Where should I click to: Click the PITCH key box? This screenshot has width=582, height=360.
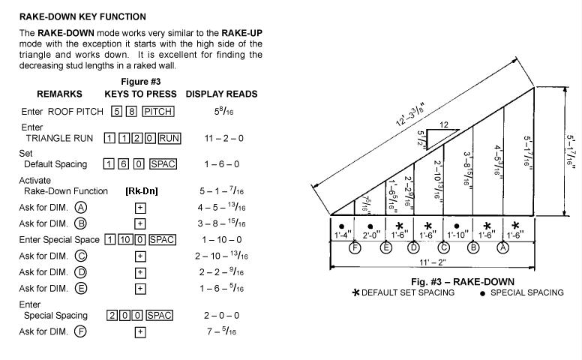(x=158, y=111)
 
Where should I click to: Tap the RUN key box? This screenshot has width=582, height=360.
(x=169, y=139)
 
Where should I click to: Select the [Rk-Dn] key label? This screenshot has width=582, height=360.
(x=142, y=191)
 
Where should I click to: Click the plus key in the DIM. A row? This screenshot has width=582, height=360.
(x=140, y=208)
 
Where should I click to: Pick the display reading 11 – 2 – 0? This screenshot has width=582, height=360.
(x=223, y=139)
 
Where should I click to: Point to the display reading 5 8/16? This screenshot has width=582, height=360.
(x=223, y=111)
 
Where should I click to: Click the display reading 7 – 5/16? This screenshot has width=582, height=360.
(x=221, y=331)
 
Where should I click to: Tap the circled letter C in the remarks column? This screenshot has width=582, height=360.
(x=80, y=256)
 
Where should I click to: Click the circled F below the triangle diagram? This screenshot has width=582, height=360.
(x=355, y=247)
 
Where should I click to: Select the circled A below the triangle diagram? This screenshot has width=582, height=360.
(x=503, y=247)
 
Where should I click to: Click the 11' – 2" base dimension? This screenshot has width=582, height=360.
(x=433, y=262)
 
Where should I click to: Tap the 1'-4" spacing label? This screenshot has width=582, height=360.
(x=342, y=235)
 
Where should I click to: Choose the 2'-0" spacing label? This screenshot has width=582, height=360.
(x=371, y=235)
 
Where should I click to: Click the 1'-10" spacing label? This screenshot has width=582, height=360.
(x=457, y=235)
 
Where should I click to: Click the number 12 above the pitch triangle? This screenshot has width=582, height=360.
(x=444, y=125)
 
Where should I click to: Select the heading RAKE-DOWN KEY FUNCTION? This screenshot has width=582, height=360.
(x=82, y=16)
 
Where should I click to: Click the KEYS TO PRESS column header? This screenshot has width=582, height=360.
(x=140, y=94)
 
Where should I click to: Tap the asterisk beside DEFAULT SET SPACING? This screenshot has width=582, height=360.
(x=355, y=292)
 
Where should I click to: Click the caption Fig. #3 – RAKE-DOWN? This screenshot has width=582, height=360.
(x=463, y=282)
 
